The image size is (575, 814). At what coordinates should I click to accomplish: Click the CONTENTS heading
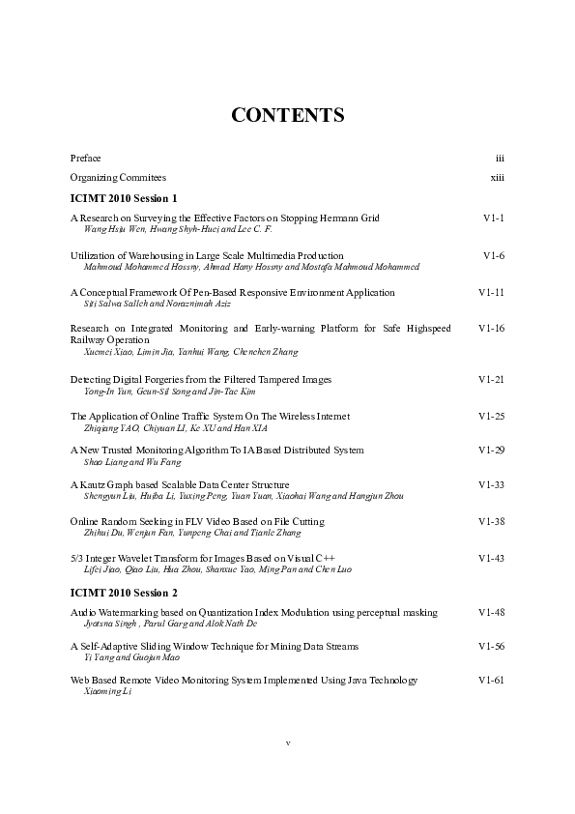288,116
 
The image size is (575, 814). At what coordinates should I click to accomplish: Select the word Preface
85,157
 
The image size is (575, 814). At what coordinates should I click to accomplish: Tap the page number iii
500,157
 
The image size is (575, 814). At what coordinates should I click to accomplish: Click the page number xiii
498,178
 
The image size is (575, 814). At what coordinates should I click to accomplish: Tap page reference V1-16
492,329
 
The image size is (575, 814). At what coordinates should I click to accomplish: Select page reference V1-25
492,416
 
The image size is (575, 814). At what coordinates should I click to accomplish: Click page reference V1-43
492,559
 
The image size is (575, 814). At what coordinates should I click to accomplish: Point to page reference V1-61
492,681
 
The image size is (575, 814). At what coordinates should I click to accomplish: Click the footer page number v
288,742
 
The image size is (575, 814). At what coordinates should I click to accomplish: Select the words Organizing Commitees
118,178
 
